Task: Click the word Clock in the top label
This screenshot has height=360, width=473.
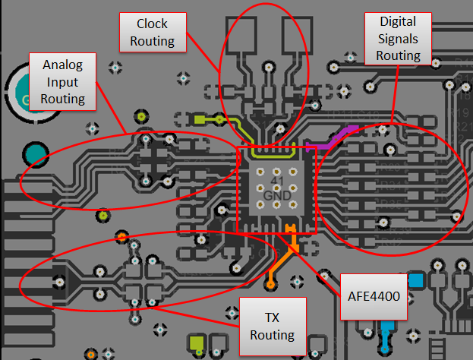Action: (153, 24)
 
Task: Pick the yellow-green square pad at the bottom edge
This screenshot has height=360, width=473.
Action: (197, 345)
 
